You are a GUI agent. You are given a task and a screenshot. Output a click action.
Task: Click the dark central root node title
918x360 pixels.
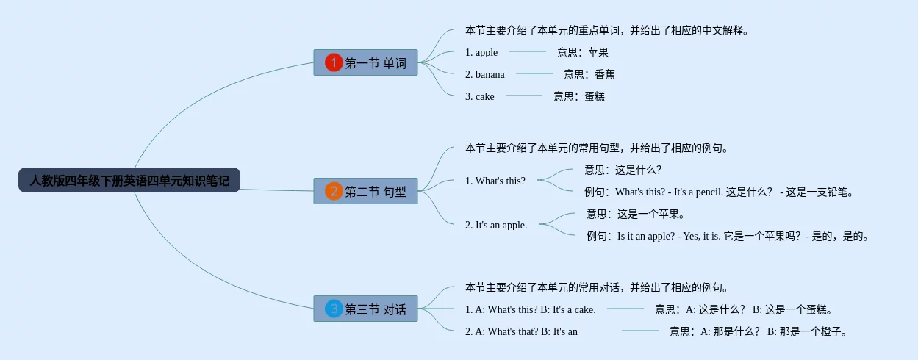point(129,180)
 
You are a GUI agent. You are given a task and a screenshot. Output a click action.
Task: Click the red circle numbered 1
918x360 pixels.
point(334,62)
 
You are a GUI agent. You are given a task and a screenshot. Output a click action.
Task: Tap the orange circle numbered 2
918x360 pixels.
point(334,191)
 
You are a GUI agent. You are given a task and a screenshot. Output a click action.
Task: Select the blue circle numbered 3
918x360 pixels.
point(334,309)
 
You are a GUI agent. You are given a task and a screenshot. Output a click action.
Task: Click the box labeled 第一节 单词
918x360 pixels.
point(365,62)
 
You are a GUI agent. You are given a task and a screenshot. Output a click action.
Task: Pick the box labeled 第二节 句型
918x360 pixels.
point(365,191)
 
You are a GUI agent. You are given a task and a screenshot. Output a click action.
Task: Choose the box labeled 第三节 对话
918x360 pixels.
point(365,309)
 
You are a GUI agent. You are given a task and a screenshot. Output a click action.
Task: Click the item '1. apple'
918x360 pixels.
point(481,52)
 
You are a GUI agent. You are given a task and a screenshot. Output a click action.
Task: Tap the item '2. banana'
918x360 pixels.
point(485,74)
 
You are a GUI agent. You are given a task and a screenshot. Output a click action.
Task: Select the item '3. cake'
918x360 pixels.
point(479,97)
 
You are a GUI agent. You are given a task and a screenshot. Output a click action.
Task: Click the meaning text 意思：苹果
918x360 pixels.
point(582,52)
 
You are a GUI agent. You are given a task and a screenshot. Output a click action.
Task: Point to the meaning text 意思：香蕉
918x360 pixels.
point(589,74)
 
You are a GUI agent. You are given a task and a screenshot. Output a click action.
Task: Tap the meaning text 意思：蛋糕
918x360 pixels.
point(579,97)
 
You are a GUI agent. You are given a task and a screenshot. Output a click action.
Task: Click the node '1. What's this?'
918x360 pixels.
point(495,181)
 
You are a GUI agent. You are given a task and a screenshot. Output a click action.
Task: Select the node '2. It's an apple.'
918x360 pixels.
point(496,226)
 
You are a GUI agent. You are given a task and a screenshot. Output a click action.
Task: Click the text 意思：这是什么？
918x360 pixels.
point(623,170)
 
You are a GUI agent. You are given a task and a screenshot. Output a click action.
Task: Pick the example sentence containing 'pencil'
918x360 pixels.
point(719,192)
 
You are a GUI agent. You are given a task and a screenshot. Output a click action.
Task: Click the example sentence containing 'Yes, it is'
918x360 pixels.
point(728,237)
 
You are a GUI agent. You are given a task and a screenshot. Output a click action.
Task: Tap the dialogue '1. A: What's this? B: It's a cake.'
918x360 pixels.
point(531,309)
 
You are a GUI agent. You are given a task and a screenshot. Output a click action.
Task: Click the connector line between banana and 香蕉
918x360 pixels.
point(534,73)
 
